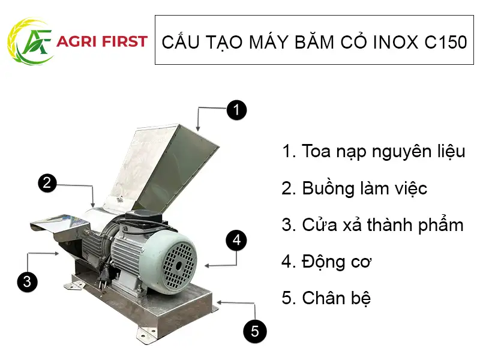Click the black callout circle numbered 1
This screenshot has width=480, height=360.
click(x=236, y=110)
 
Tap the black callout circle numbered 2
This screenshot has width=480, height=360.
click(x=48, y=183)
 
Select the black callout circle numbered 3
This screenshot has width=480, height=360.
click(x=26, y=281)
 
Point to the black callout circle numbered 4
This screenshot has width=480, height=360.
click(x=237, y=241)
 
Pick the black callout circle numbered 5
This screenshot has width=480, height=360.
click(x=254, y=331)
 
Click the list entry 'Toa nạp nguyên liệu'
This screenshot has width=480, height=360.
click(x=373, y=151)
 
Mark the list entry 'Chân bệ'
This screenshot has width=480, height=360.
click(x=326, y=298)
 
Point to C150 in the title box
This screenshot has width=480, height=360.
click(x=444, y=43)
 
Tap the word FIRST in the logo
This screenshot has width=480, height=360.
click(x=124, y=41)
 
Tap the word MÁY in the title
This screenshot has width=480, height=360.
click(x=253, y=43)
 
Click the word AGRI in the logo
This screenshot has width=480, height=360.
click(x=76, y=41)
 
